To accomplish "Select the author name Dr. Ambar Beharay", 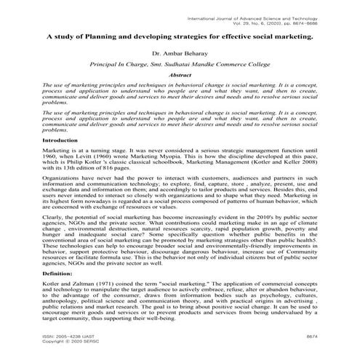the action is pyautogui.click(x=179, y=53).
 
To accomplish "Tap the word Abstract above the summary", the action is pyautogui.click(x=180, y=75).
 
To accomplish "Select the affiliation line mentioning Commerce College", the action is pyautogui.click(x=179, y=64).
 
